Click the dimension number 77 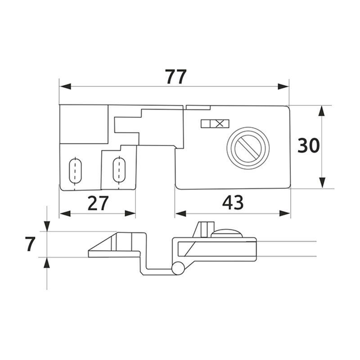pyautogui.click(x=176, y=76)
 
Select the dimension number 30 pyautogui.click(x=308, y=145)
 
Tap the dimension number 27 pyautogui.click(x=98, y=203)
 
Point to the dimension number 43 pyautogui.click(x=233, y=202)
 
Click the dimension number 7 pyautogui.click(x=30, y=244)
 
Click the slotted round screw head pyautogui.click(x=248, y=148)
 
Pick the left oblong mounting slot pyautogui.click(x=75, y=171)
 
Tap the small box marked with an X pyautogui.click(x=220, y=123)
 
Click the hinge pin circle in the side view pyautogui.click(x=178, y=268)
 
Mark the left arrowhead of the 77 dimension pyautogui.click(x=65, y=86)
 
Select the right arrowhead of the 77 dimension pyautogui.click(x=283, y=86)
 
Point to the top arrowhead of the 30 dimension pyautogui.click(x=322, y=111)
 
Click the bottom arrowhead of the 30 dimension pyautogui.click(x=323, y=183)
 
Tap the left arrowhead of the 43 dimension pyautogui.click(x=180, y=214)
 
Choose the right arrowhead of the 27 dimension pyautogui.click(x=130, y=213)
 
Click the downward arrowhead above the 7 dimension pyautogui.click(x=47, y=226)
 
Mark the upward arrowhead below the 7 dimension pyautogui.click(x=47, y=263)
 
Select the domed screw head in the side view pyautogui.click(x=227, y=233)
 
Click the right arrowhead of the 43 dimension pyautogui.click(x=285, y=214)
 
